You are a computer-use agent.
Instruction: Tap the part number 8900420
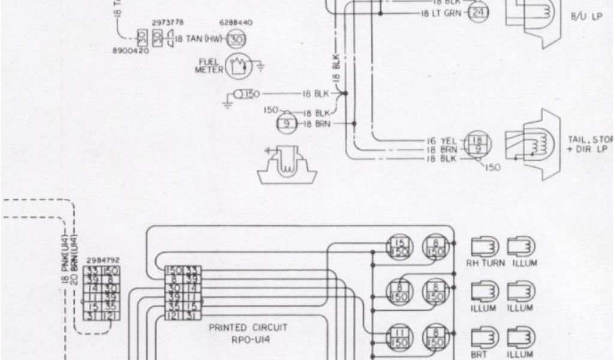pos(131,52)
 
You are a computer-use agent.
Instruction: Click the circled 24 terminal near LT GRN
pos(478,13)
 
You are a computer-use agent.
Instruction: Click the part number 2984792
pos(103,260)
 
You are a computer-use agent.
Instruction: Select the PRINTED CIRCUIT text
pos(248,328)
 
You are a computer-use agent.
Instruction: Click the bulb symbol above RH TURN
pos(484,246)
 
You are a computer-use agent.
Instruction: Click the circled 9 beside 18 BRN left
pos(286,124)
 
